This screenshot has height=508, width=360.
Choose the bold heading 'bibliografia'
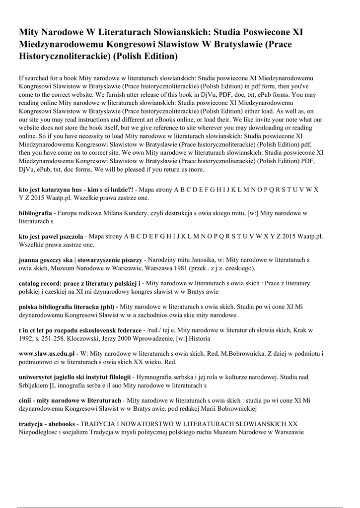pyautogui.click(x=35, y=213)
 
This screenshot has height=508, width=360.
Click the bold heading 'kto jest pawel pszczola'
pyautogui.click(x=51, y=237)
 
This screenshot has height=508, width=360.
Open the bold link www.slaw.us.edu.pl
pyautogui.click(x=46, y=354)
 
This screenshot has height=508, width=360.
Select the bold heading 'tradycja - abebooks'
pyautogui.click(x=47, y=424)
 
